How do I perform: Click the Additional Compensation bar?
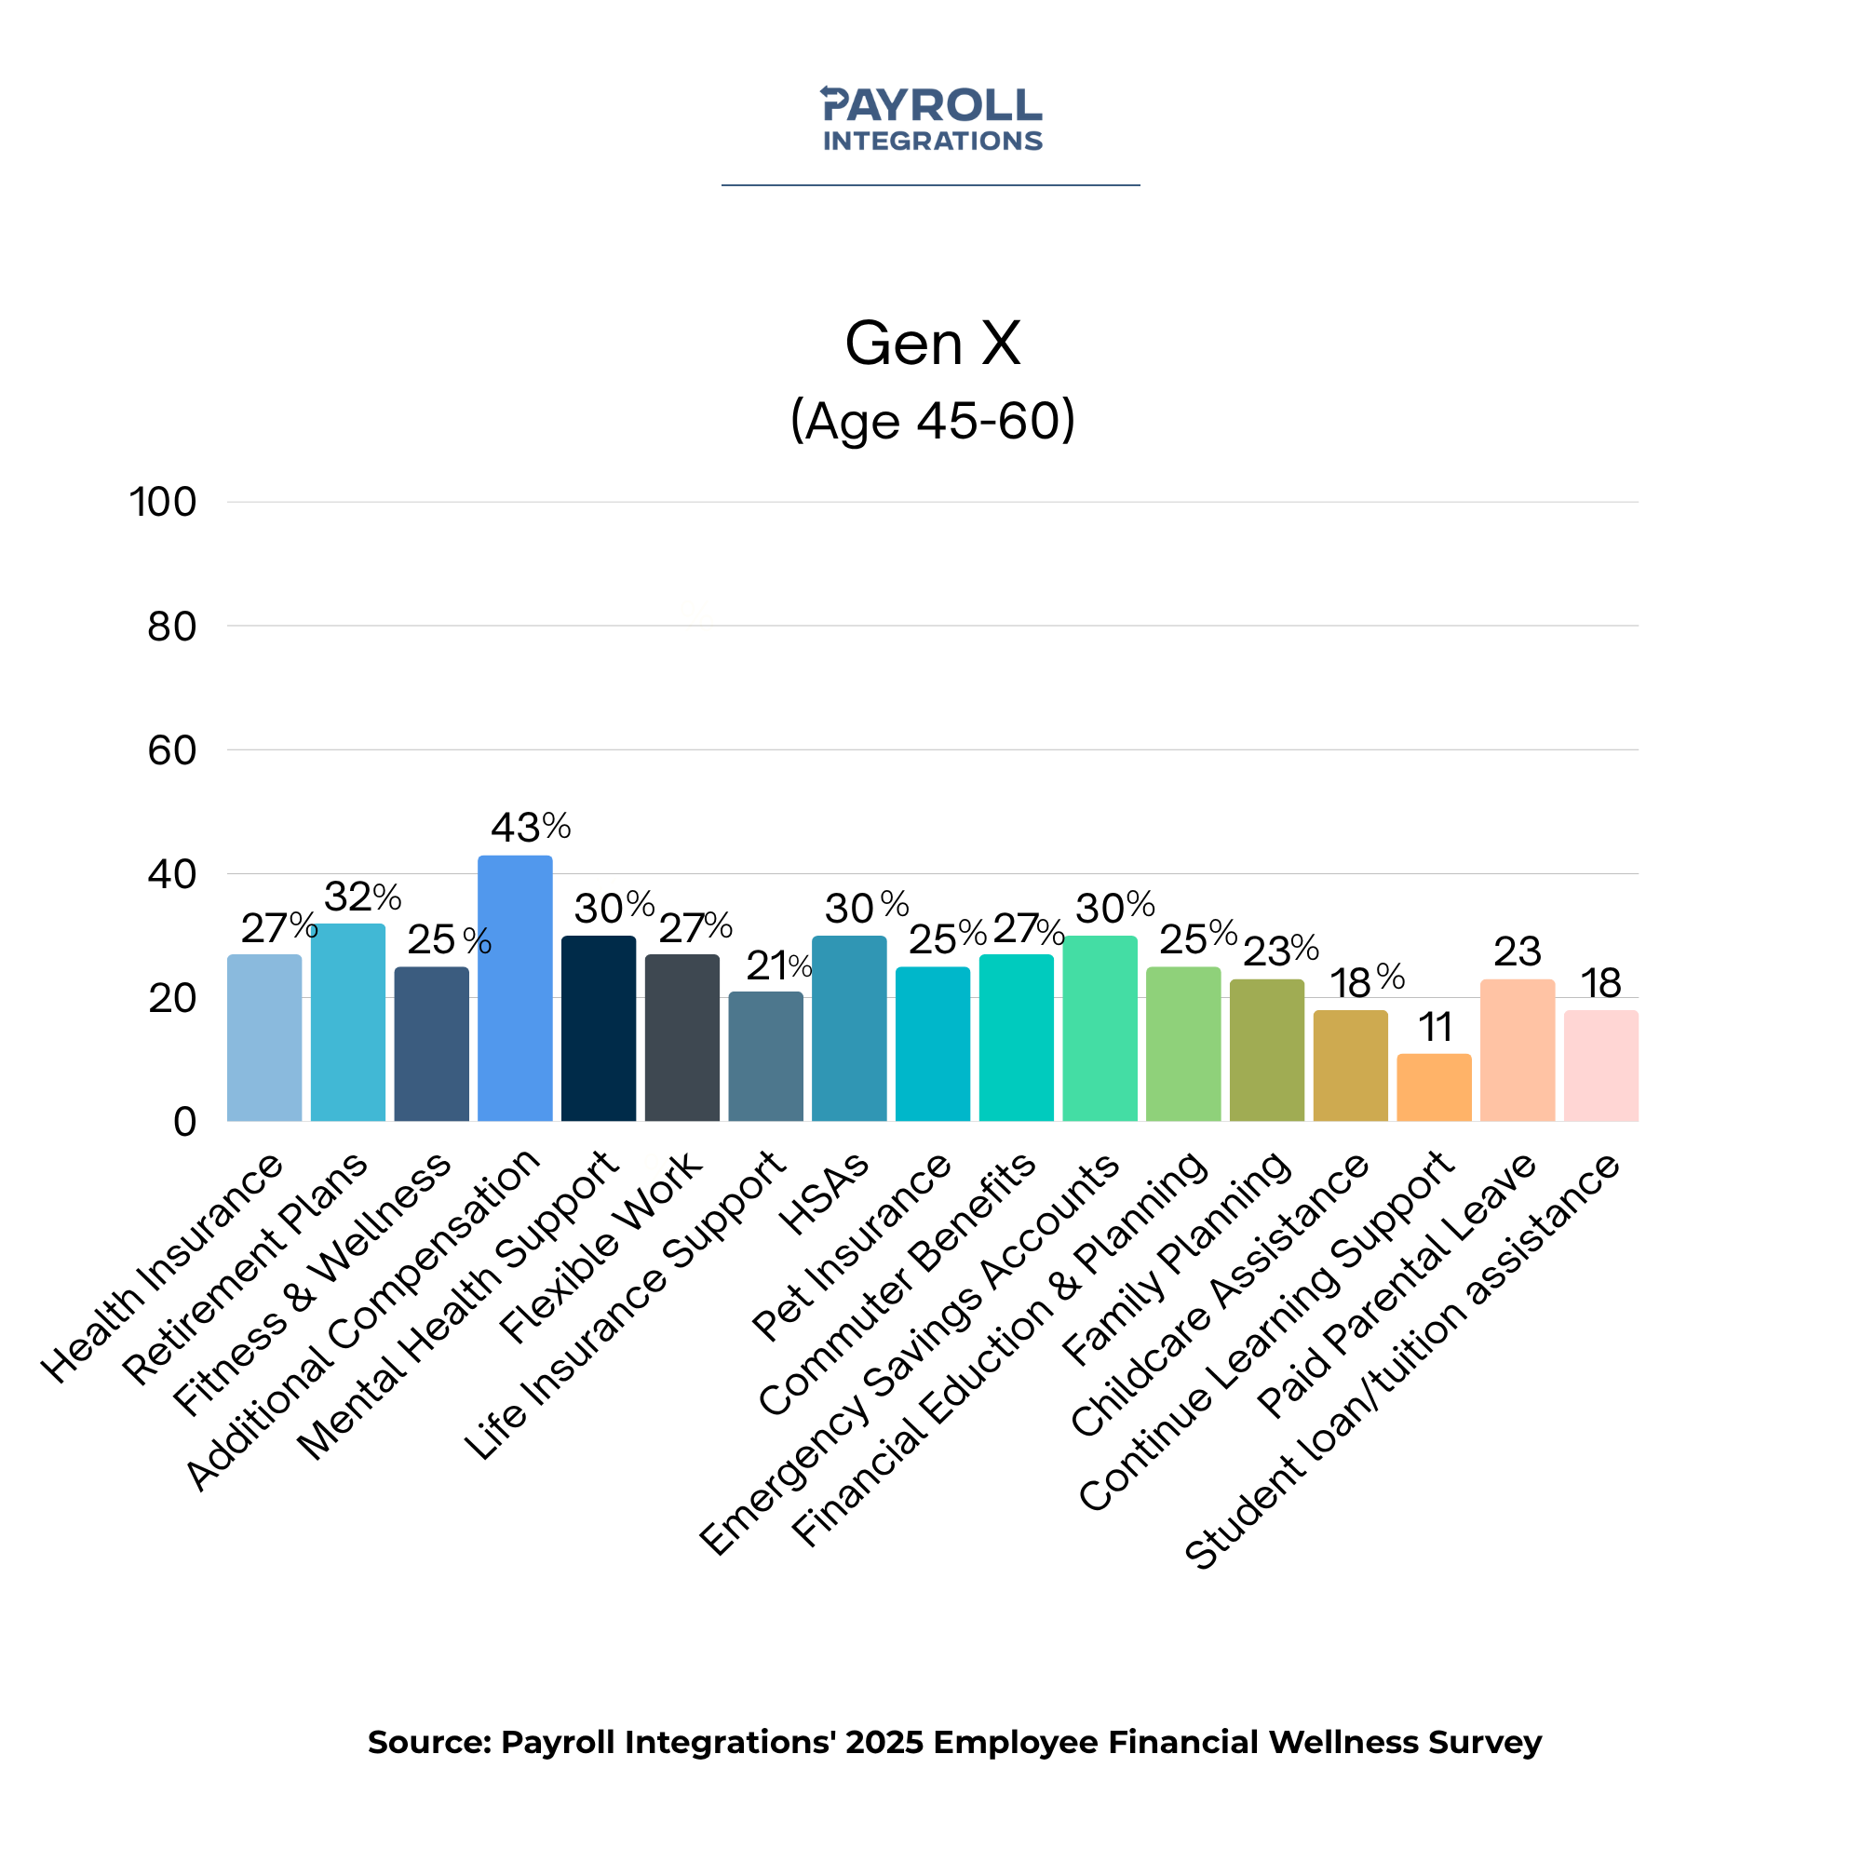tap(515, 988)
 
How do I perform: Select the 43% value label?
tap(530, 827)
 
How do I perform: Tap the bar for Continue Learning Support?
tap(1434, 1087)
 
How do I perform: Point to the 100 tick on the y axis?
tap(163, 502)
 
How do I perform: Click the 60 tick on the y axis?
tap(171, 750)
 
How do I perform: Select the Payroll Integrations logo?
tap(931, 118)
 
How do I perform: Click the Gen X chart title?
tap(932, 344)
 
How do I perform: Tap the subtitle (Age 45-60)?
tap(932, 420)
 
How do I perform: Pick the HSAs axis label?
tap(824, 1195)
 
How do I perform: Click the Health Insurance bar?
tap(264, 1038)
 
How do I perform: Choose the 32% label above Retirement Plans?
tap(362, 897)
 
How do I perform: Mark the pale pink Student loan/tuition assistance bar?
tap(1600, 1065)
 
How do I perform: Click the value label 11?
tap(1435, 1028)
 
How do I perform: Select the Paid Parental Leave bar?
tap(1517, 1050)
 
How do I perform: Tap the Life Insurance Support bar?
tap(765, 1057)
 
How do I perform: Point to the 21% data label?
tap(778, 965)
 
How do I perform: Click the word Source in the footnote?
tap(429, 1743)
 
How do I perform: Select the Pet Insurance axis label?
tap(852, 1248)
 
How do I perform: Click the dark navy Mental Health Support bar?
tap(599, 1029)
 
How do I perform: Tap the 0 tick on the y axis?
tap(185, 1122)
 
